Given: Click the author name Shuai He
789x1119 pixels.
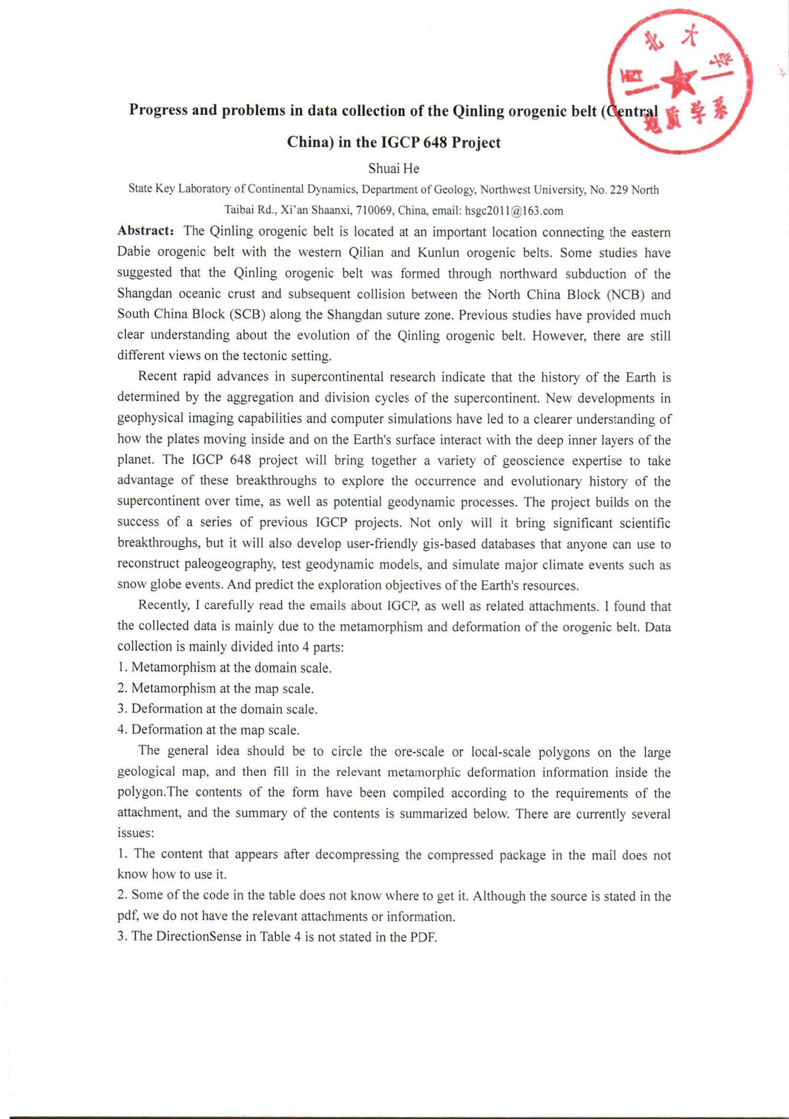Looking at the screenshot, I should [x=394, y=169].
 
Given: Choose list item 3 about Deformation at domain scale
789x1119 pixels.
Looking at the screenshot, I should [x=218, y=709].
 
